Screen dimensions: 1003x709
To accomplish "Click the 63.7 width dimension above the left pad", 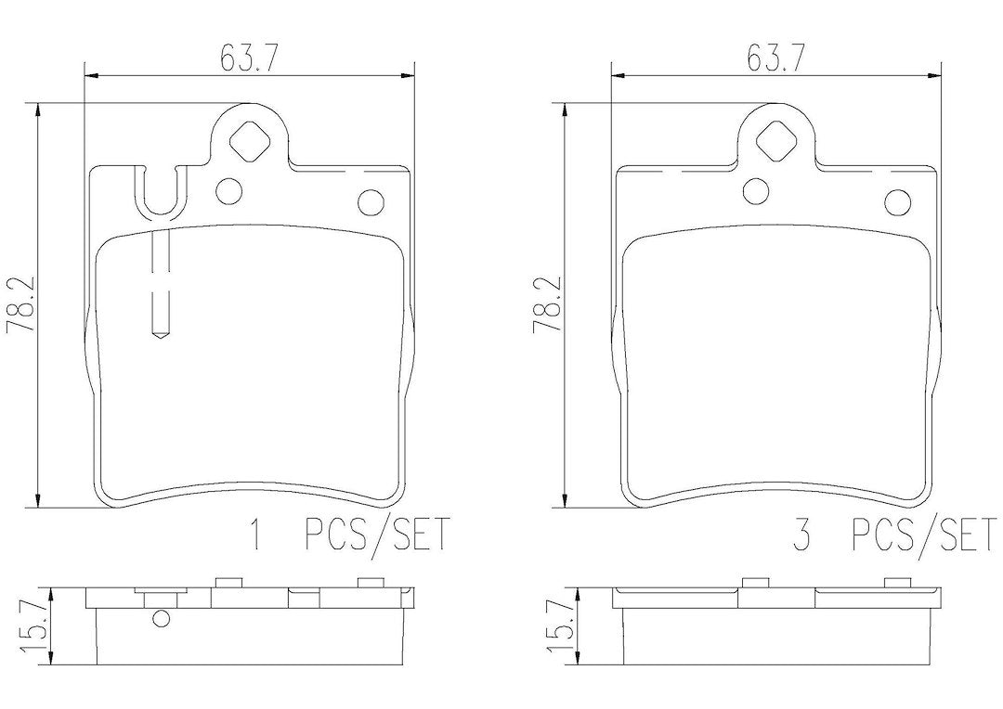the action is click(249, 58).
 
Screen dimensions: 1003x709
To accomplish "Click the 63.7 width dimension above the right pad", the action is click(775, 58).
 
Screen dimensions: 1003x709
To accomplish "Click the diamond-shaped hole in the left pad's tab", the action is click(249, 142).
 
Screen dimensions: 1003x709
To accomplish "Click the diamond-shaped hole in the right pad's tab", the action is click(775, 142).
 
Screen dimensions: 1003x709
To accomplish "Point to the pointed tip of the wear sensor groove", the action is click(159, 339).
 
